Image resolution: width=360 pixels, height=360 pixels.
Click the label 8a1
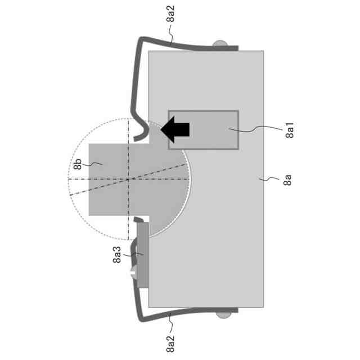(x=290, y=130)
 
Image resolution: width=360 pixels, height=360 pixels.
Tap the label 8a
(x=287, y=180)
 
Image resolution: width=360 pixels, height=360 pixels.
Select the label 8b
(x=78, y=164)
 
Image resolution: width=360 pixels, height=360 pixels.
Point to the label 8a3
(x=117, y=254)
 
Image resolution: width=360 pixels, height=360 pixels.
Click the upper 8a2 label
(x=170, y=13)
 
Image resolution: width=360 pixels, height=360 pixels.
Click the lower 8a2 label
(x=170, y=344)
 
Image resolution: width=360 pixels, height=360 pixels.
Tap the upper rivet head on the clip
(x=220, y=44)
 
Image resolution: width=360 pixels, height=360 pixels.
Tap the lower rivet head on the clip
(x=223, y=315)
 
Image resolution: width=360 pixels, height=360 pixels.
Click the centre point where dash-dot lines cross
(x=128, y=179)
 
